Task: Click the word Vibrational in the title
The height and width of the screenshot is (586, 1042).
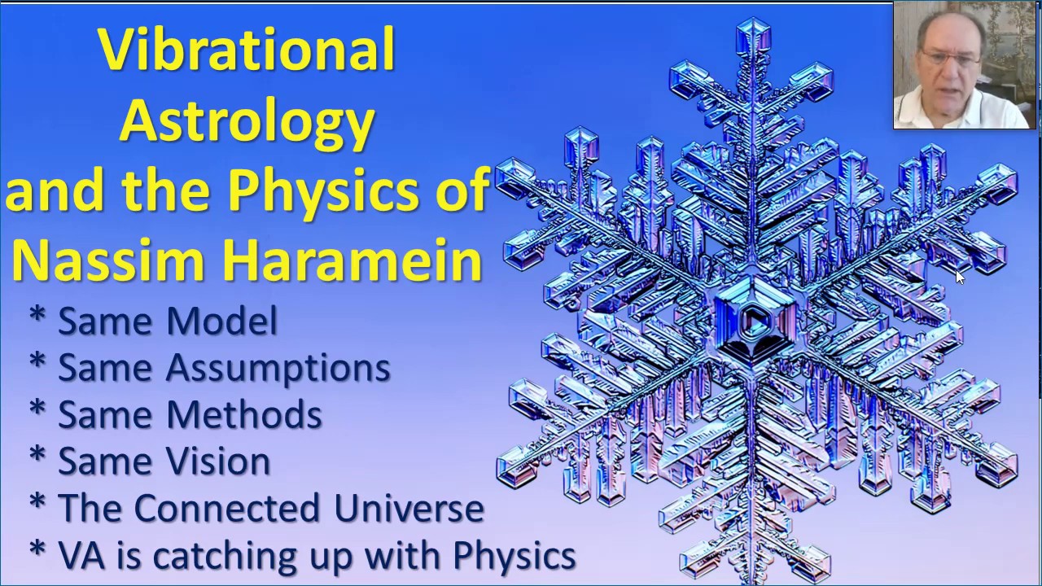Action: point(247,50)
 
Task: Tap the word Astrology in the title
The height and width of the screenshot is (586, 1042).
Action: point(247,120)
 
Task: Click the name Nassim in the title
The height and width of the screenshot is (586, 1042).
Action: point(108,260)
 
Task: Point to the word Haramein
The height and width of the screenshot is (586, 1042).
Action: point(352,260)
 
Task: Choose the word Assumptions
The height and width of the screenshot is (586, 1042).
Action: point(278,369)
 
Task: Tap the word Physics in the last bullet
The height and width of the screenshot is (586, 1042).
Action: point(514,555)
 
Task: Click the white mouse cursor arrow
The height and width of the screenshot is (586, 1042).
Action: point(959,277)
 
